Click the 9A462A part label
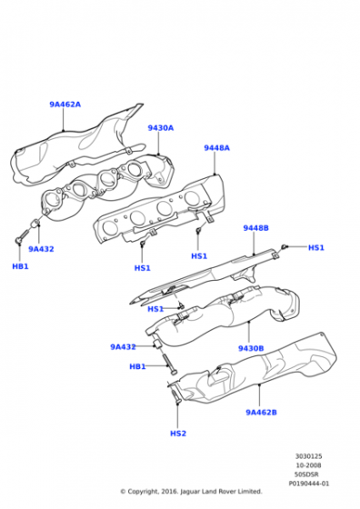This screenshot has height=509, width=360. click(x=65, y=105)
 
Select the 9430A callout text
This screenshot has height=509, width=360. click(x=161, y=128)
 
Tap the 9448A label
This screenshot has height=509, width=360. click(x=217, y=148)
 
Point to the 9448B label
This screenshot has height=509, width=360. click(x=256, y=228)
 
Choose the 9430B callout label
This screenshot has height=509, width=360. click(x=251, y=349)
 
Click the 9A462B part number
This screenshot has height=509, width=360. click(x=261, y=413)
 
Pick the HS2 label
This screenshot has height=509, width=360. click(x=178, y=434)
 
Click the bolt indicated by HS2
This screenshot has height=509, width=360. click(x=175, y=395)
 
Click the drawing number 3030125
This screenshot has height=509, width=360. click(x=309, y=456)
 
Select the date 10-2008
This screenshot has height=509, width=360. click(x=309, y=465)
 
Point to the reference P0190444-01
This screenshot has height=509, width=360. click(x=309, y=484)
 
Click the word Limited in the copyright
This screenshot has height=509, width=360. click(x=250, y=492)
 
